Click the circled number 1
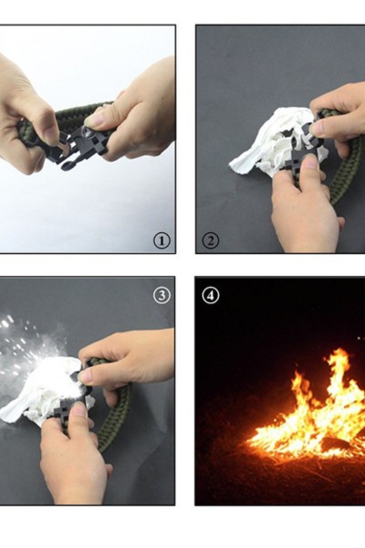[162, 240]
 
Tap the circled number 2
[211, 241]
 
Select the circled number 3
[162, 295]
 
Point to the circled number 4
[211, 295]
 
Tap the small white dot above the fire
[359, 338]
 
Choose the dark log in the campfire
[335, 443]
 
